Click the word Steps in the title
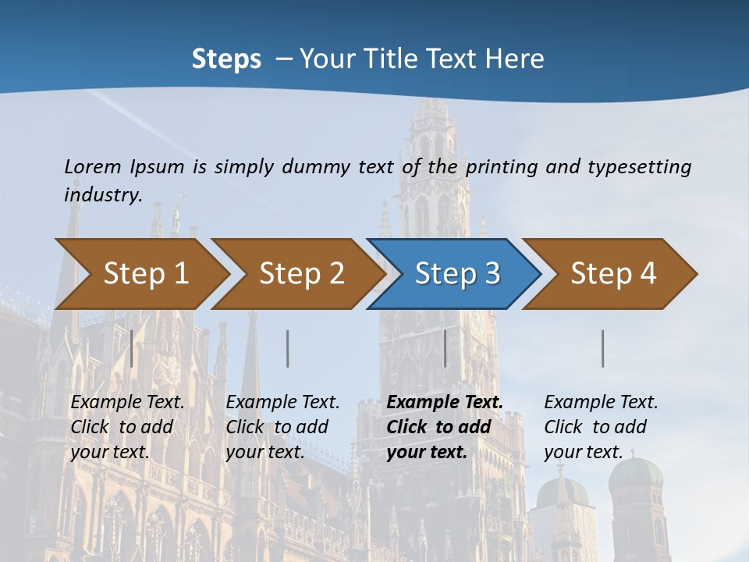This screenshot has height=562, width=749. click(x=226, y=59)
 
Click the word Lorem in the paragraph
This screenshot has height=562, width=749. click(x=93, y=166)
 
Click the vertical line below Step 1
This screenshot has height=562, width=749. click(x=132, y=348)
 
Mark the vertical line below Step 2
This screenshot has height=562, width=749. click(x=288, y=348)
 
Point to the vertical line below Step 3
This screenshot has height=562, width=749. click(x=445, y=348)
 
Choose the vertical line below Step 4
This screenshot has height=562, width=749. click(x=603, y=348)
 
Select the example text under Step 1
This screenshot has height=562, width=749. click(x=127, y=426)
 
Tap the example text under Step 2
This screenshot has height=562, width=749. click(x=282, y=426)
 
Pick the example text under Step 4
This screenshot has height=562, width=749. click(x=601, y=426)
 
